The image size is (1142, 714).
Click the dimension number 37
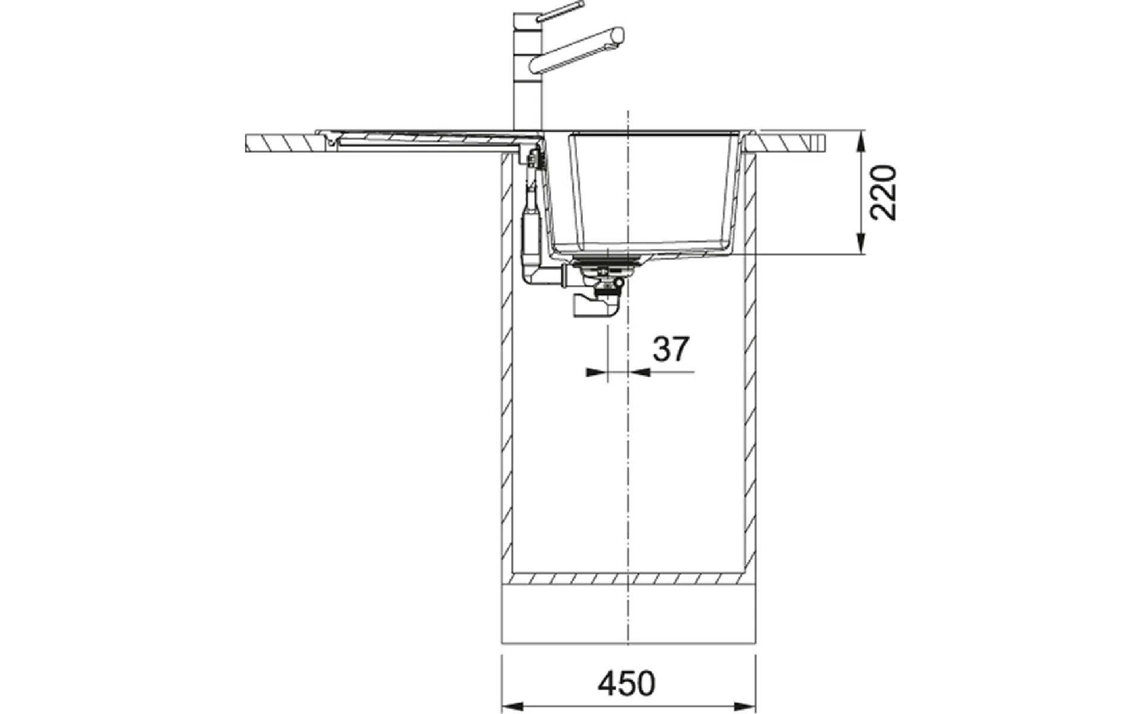pos(670,349)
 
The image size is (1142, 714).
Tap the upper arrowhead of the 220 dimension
pos(861,143)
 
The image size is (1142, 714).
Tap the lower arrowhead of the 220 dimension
pos(861,244)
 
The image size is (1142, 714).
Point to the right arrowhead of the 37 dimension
pos(639,372)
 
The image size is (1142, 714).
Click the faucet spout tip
pos(619,37)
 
